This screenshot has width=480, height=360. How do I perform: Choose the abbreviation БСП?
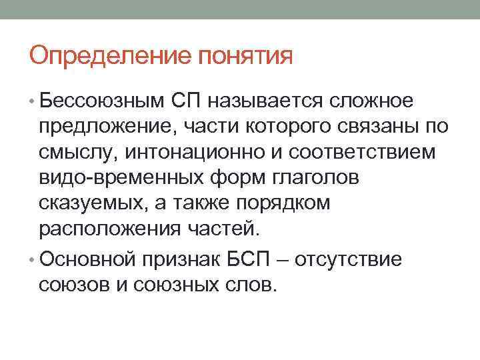point(255,258)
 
